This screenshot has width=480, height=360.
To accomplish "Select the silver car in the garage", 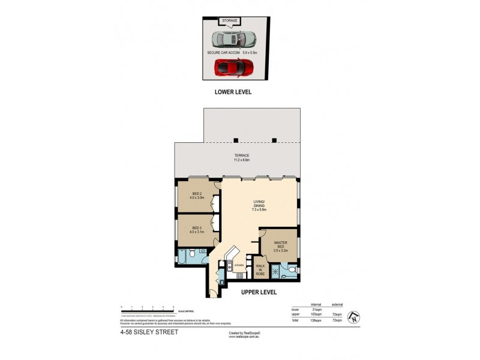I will tap(234, 40).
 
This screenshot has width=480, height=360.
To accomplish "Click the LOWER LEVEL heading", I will tap(233, 92).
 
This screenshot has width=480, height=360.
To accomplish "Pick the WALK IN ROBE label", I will tap(260, 271).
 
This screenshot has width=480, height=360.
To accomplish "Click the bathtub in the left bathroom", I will tap(182, 259).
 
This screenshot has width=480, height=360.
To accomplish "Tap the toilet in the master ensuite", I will tap(291, 270).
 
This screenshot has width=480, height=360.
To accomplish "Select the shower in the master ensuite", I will tap(276, 272).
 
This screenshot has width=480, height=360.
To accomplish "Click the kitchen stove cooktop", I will tap(239, 275).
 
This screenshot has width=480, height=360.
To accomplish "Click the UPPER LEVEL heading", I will tap(258, 292).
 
